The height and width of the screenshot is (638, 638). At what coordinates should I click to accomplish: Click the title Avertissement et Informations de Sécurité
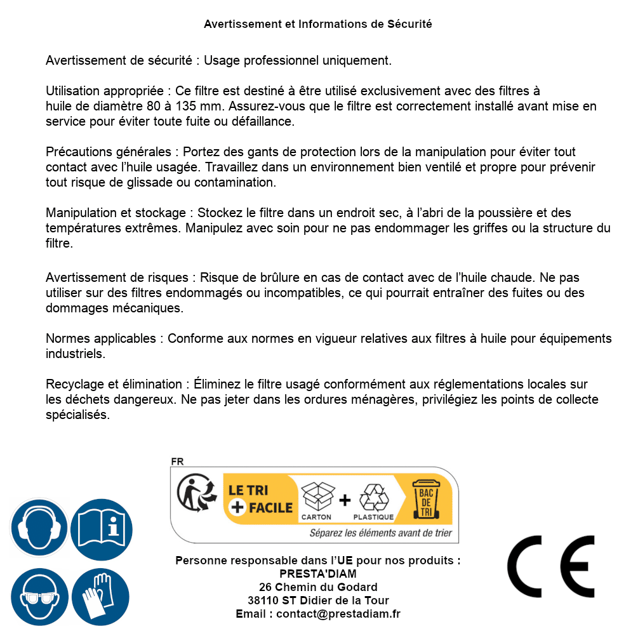[x=317, y=24]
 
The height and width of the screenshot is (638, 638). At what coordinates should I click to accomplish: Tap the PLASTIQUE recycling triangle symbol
[x=373, y=496]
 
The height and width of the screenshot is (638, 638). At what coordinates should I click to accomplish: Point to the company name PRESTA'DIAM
[x=318, y=574]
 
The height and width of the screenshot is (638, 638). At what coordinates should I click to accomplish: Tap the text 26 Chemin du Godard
[x=318, y=587]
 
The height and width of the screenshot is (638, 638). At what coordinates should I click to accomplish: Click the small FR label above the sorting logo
[x=176, y=462]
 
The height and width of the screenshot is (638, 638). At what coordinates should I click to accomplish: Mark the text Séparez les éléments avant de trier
[x=380, y=533]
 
